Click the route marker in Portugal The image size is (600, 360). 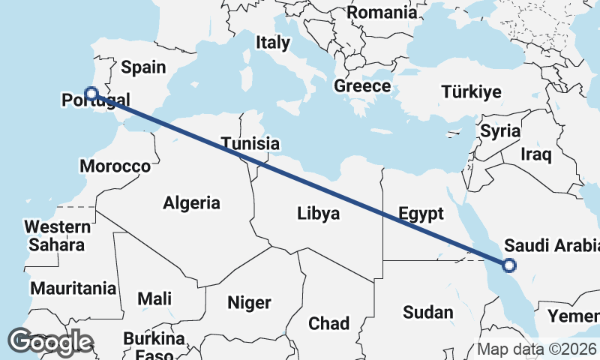pyautogui.click(x=91, y=94)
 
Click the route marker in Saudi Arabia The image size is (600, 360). pyautogui.click(x=509, y=265)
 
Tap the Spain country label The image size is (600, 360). pyautogui.click(x=143, y=67)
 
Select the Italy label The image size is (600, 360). pyautogui.click(x=272, y=43)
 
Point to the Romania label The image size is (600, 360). pyautogui.click(x=382, y=12)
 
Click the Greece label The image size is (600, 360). pyautogui.click(x=362, y=85)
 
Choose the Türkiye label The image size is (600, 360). pyautogui.click(x=471, y=92)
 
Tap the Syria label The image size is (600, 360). pyautogui.click(x=500, y=131)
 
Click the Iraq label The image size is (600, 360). pyautogui.click(x=536, y=155)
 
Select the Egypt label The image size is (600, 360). pyautogui.click(x=421, y=214)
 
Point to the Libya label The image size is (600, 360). pyautogui.click(x=318, y=214)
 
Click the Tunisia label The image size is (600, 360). pyautogui.click(x=250, y=144)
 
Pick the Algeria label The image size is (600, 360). pyautogui.click(x=192, y=202)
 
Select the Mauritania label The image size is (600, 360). pyautogui.click(x=73, y=288)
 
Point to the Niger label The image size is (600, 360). pyautogui.click(x=249, y=303)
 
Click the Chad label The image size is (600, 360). pyautogui.click(x=329, y=323)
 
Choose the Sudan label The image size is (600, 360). pyautogui.click(x=428, y=313)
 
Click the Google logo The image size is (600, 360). pyautogui.click(x=50, y=342)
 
